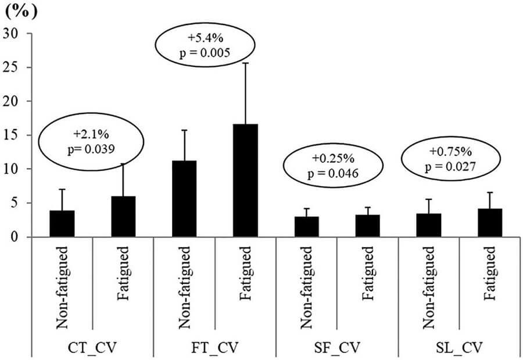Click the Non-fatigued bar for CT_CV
click(62, 224)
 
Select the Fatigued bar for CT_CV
click(123, 217)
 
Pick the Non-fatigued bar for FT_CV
click(184, 199)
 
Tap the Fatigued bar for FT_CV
click(245, 181)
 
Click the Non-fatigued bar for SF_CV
click(306, 227)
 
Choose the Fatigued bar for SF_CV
click(367, 226)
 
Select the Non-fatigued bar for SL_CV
click(428, 226)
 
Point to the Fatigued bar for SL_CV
click(490, 223)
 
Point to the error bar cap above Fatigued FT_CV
click(245, 63)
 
